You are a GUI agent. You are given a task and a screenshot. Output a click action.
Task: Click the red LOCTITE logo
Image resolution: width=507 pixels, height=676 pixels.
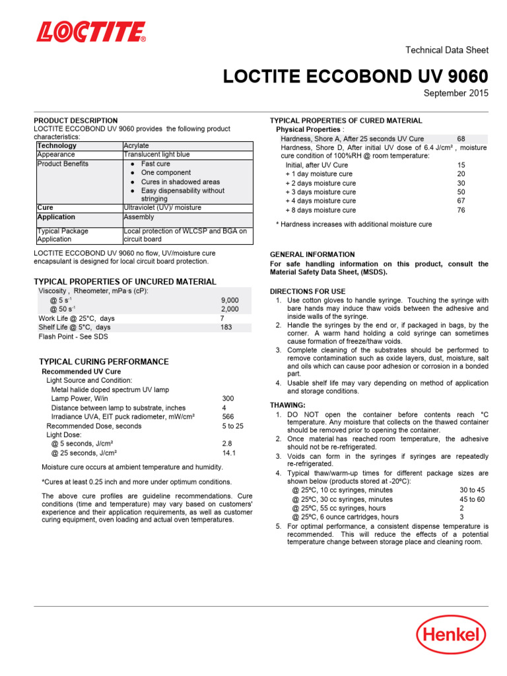click(x=91, y=31)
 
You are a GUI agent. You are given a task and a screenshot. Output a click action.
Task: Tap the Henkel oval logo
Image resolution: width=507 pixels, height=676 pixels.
click(x=451, y=635)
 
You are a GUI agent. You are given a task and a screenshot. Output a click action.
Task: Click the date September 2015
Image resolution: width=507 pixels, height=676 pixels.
click(x=456, y=94)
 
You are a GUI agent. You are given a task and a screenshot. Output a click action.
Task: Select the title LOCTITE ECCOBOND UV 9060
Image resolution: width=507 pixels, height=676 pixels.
click(x=356, y=77)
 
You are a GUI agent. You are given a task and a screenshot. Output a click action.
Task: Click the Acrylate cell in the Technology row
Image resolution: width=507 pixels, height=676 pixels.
click(x=136, y=145)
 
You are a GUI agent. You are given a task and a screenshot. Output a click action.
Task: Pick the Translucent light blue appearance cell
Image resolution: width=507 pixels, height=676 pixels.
click(x=156, y=154)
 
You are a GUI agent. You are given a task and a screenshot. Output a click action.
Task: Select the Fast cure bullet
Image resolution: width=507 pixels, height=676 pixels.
click(x=155, y=164)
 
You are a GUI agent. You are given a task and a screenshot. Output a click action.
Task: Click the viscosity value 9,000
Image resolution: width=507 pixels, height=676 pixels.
click(x=230, y=300)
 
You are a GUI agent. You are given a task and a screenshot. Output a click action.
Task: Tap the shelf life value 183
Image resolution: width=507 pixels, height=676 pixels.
click(x=226, y=327)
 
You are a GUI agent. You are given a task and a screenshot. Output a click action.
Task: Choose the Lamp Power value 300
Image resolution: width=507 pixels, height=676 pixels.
click(x=228, y=399)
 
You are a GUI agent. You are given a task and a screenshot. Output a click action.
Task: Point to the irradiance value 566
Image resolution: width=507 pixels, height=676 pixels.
click(x=228, y=417)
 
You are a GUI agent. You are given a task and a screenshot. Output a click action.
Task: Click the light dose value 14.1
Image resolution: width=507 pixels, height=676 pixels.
click(x=228, y=453)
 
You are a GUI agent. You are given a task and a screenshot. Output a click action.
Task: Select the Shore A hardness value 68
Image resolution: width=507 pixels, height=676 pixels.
click(x=461, y=139)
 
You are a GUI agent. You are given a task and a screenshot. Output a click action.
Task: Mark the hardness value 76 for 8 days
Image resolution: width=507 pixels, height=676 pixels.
click(x=461, y=210)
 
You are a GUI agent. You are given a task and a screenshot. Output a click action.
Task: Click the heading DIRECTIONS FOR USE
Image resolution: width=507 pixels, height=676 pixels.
click(x=308, y=291)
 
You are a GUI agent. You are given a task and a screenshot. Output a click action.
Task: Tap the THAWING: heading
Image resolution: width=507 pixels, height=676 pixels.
click(x=287, y=405)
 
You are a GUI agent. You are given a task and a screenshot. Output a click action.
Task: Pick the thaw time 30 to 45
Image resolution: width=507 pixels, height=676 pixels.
click(x=472, y=490)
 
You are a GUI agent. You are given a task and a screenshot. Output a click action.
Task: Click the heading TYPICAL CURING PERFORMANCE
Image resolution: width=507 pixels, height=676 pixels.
click(x=104, y=362)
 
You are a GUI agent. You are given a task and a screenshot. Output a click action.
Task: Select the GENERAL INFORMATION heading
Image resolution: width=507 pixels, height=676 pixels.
click(x=312, y=254)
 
